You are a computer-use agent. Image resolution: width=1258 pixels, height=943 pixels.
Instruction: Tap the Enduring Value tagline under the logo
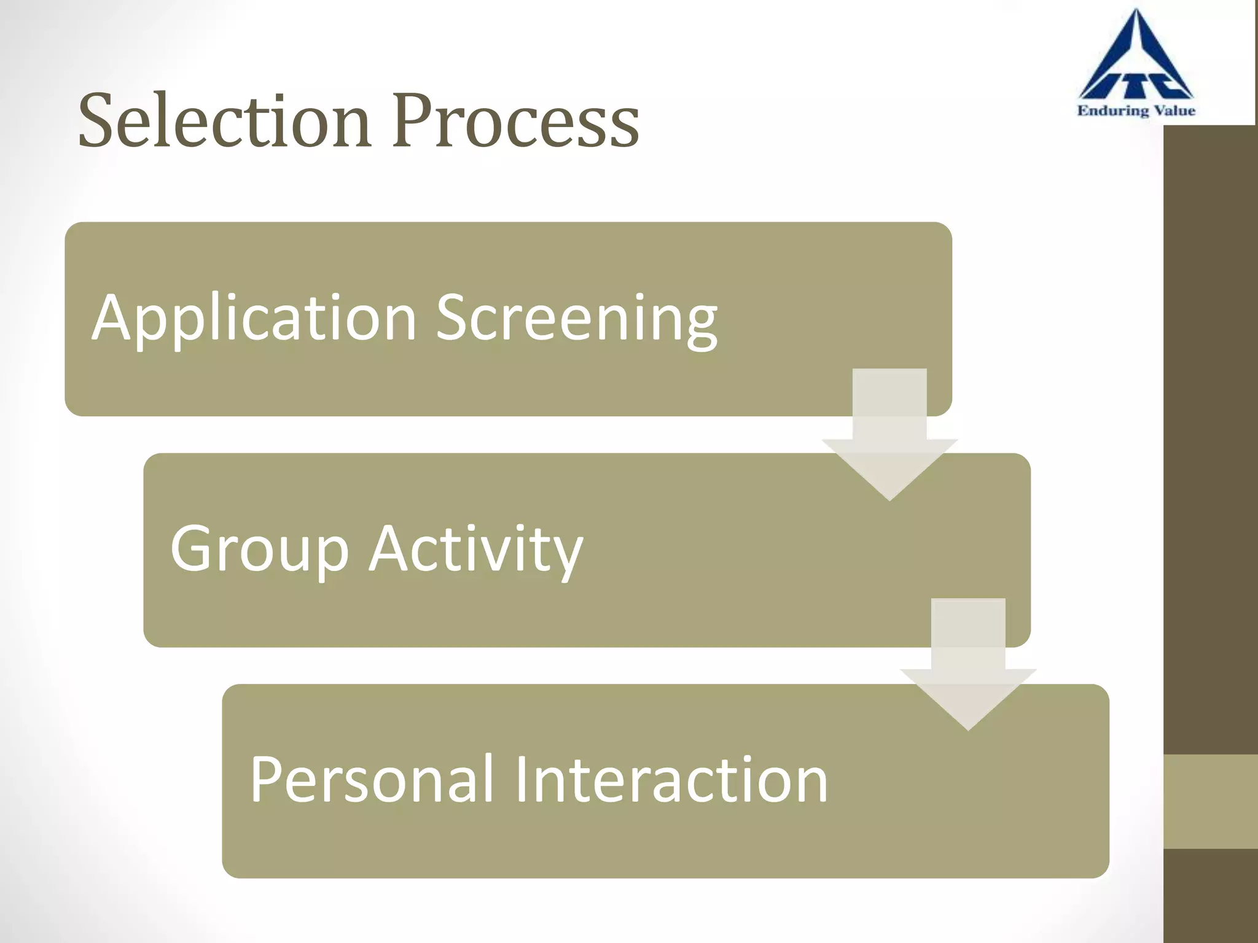[x=1136, y=111]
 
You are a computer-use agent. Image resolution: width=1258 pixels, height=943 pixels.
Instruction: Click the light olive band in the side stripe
[x=1210, y=801]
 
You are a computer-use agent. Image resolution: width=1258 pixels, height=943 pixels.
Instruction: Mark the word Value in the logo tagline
[x=1174, y=111]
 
